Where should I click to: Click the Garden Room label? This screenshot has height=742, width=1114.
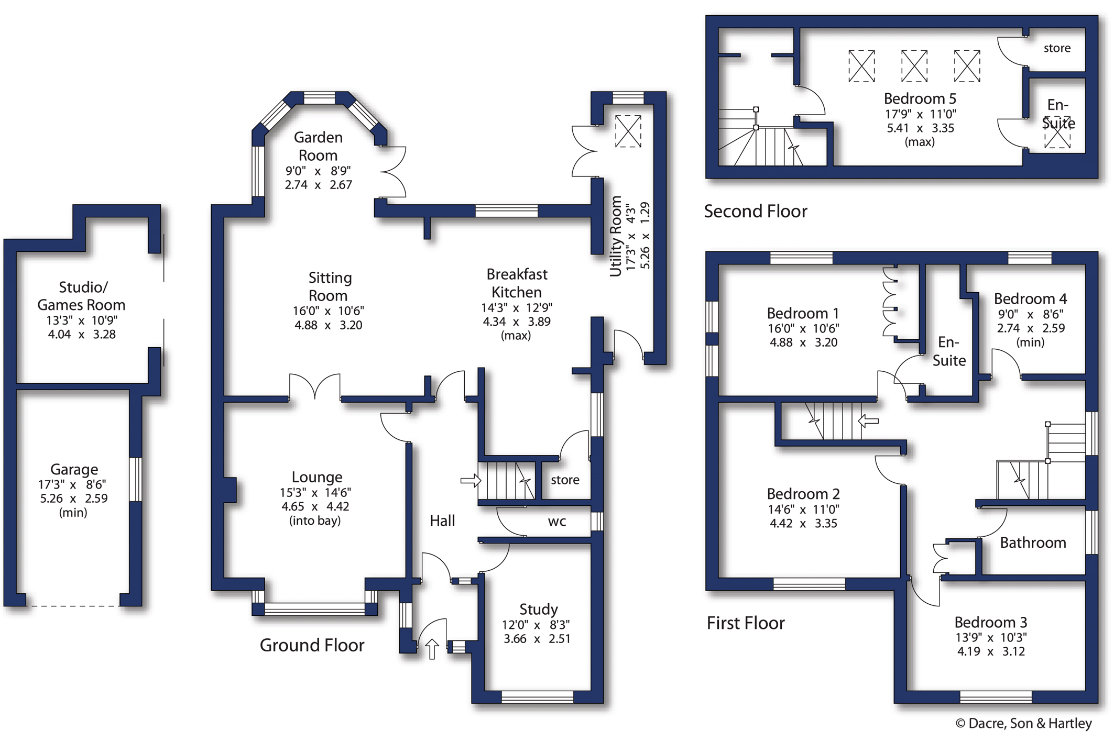pos(318,146)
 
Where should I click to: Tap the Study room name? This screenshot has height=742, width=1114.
pos(538,609)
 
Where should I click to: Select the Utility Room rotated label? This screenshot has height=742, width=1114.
pos(616,236)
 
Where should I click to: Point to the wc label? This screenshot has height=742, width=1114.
pos(556,521)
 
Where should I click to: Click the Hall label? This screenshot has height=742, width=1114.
pos(442,520)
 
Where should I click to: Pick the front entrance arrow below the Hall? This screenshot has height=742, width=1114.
pos(432,649)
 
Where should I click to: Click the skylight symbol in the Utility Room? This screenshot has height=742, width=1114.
pos(628,131)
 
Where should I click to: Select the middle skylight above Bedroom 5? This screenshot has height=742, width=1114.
pos(914,66)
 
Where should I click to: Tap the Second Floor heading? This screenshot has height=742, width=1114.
pos(755,211)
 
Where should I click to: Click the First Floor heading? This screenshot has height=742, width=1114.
pos(745,623)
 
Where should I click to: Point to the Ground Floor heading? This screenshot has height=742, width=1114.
pos(312,645)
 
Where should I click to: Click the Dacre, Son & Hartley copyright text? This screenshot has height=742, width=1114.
pos(1023,723)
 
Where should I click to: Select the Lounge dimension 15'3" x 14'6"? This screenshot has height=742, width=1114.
pos(315,492)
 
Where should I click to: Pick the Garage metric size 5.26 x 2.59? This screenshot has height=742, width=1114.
pos(74,499)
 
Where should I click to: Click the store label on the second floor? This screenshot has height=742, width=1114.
pos(1057,48)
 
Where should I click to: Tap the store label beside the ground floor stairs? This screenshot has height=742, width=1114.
pos(565,480)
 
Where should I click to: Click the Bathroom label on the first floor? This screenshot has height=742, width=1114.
pos(1033,542)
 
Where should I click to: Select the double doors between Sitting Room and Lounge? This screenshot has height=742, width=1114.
pos(314,387)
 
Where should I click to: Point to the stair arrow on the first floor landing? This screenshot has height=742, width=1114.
pos(868,420)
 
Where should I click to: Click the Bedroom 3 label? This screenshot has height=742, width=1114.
pos(990,622)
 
